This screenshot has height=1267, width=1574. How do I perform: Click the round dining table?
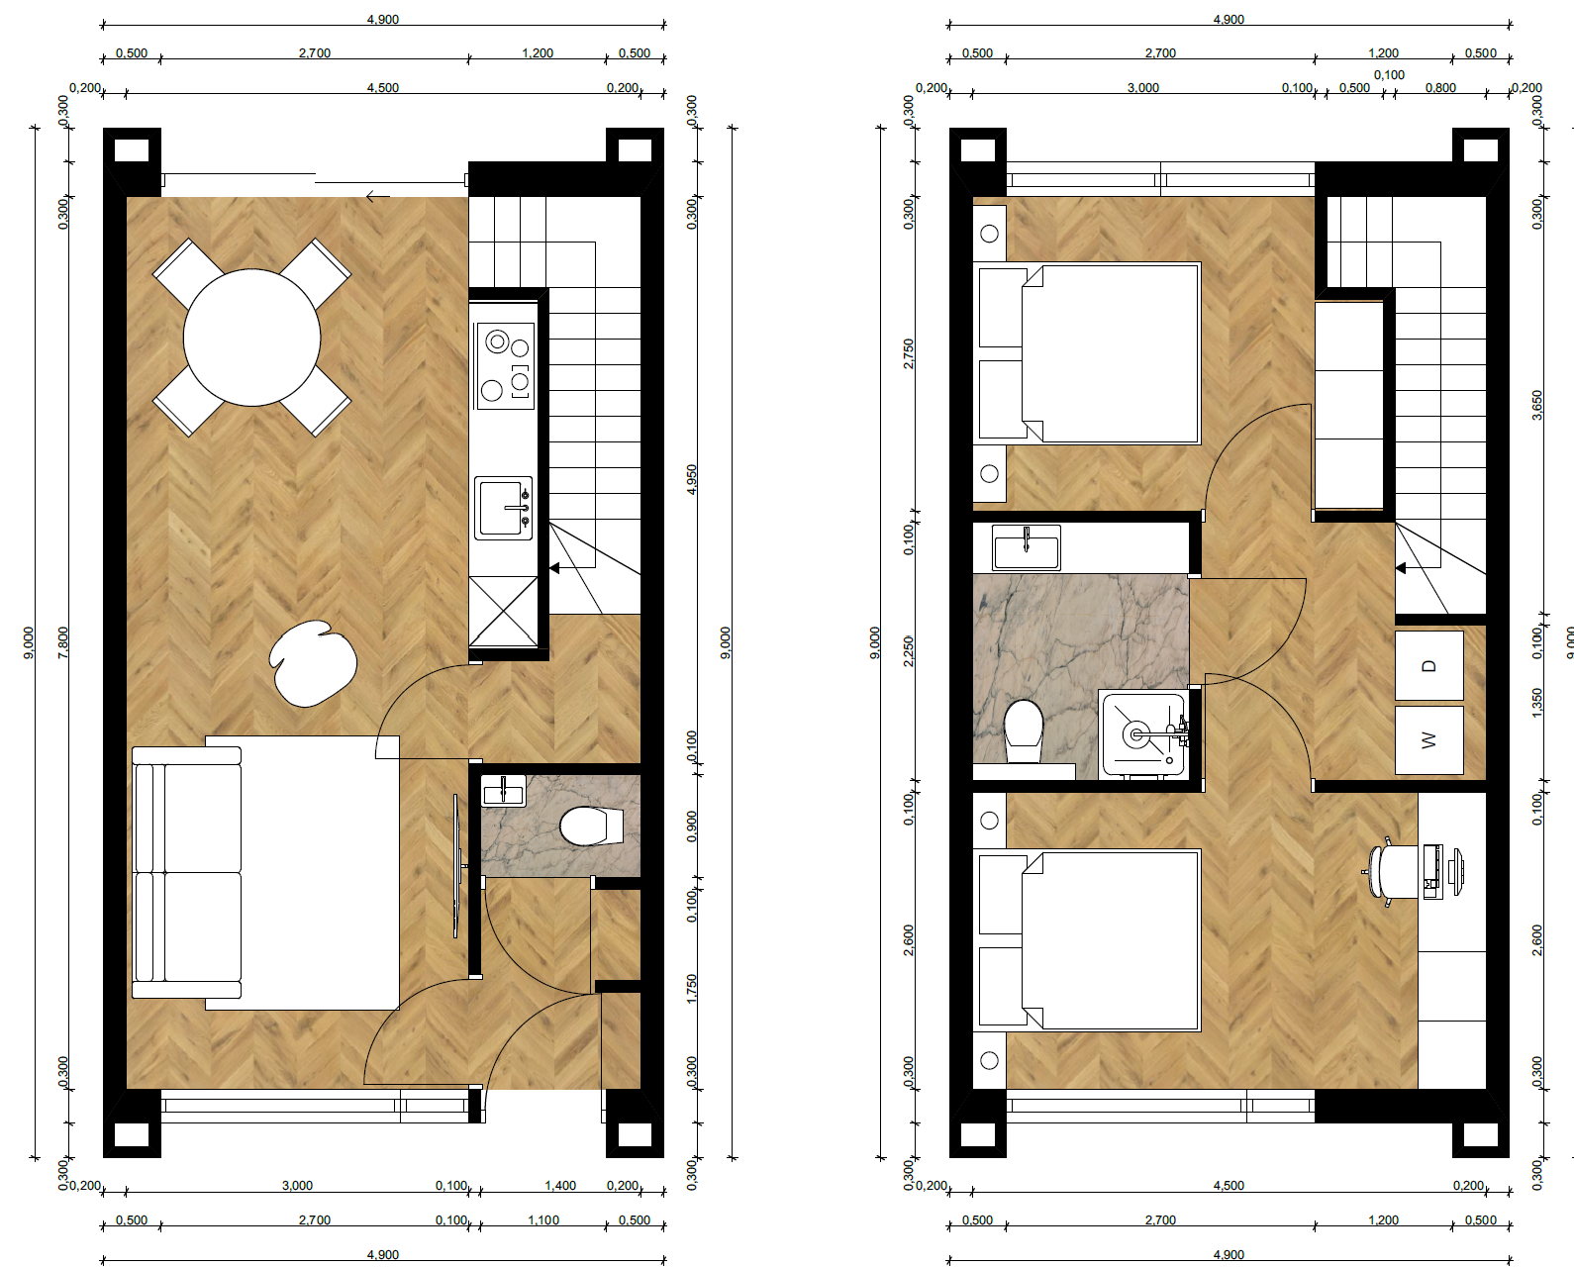[251, 338]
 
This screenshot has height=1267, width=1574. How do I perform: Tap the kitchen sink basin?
[503, 508]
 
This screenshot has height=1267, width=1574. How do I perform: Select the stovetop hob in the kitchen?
[505, 366]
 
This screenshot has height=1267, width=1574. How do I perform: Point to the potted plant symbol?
[313, 663]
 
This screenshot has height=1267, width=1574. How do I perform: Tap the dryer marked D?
[1429, 666]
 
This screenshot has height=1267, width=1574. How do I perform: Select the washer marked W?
[1429, 740]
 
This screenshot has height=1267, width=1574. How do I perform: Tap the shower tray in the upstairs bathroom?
[1143, 734]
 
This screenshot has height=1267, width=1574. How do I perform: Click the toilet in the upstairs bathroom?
[1024, 731]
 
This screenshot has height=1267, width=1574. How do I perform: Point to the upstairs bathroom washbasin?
[1027, 547]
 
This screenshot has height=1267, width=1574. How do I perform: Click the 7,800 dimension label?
[63, 642]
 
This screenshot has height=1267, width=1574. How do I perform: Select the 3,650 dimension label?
[1536, 405]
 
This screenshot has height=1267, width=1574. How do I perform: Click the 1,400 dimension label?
[560, 1185]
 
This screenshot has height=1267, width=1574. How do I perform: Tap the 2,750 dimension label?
[909, 353]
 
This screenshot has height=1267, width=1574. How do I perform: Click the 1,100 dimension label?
[543, 1219]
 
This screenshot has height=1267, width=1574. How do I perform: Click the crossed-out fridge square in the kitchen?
[503, 612]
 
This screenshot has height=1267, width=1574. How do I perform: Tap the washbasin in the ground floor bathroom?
[503, 791]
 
